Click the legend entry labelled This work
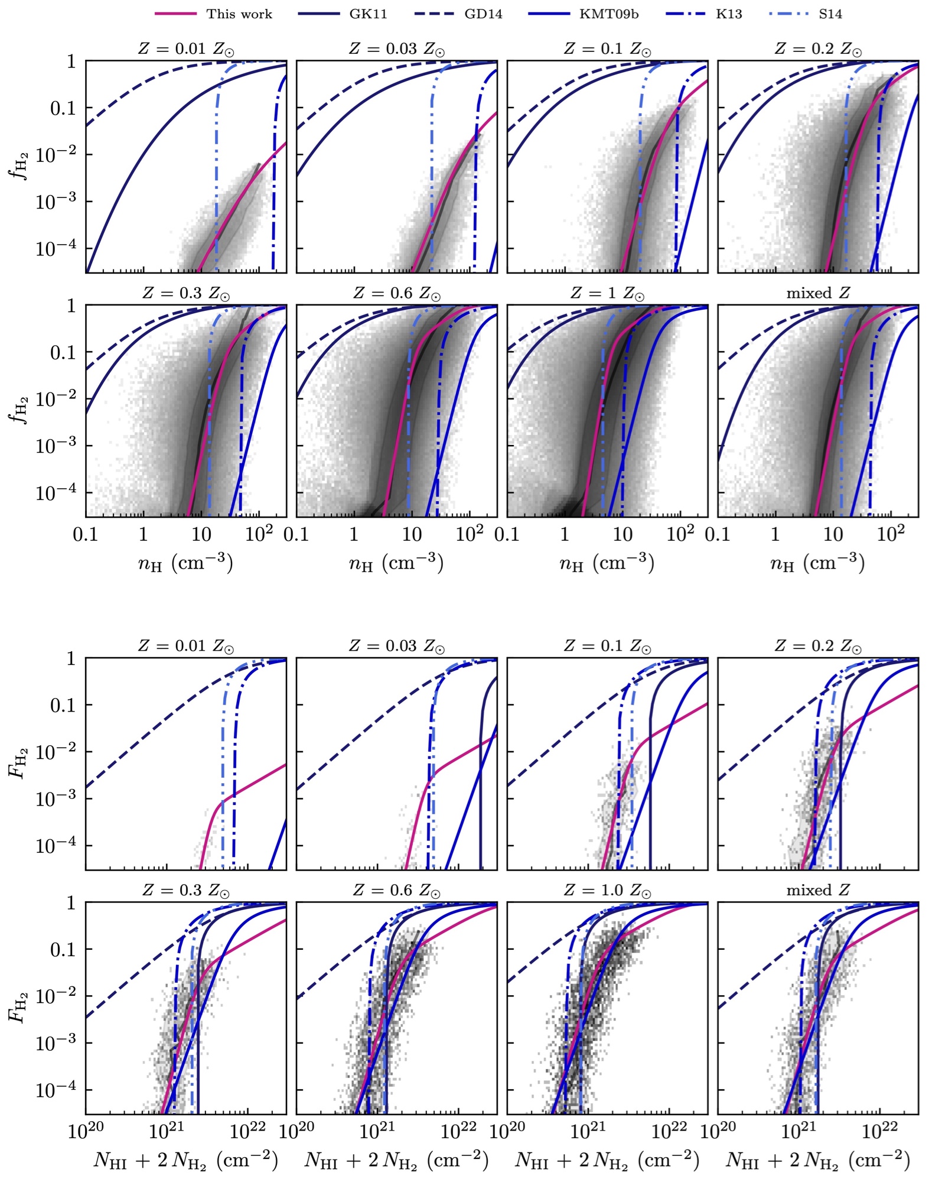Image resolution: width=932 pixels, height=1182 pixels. point(239,14)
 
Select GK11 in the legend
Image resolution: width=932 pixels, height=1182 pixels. point(368,14)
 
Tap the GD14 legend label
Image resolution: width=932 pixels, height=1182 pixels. point(483,14)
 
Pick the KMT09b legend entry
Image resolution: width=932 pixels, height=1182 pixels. point(608,14)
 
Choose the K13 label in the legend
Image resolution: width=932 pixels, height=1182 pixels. point(729,14)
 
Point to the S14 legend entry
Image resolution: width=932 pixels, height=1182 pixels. point(830,14)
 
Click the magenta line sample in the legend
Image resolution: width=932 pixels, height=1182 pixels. point(175,14)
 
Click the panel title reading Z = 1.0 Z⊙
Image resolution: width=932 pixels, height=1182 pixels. point(607,891)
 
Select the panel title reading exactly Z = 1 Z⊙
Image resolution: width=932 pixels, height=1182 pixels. point(607,294)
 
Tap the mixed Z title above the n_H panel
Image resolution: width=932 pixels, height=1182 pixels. point(818,293)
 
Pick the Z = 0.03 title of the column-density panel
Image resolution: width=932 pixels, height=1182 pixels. point(396,646)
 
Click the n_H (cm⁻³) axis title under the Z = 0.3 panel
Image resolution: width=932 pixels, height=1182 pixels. point(185,563)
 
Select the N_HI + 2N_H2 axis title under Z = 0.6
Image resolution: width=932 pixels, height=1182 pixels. point(396,1160)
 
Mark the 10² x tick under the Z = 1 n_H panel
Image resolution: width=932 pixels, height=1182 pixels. point(680,534)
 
